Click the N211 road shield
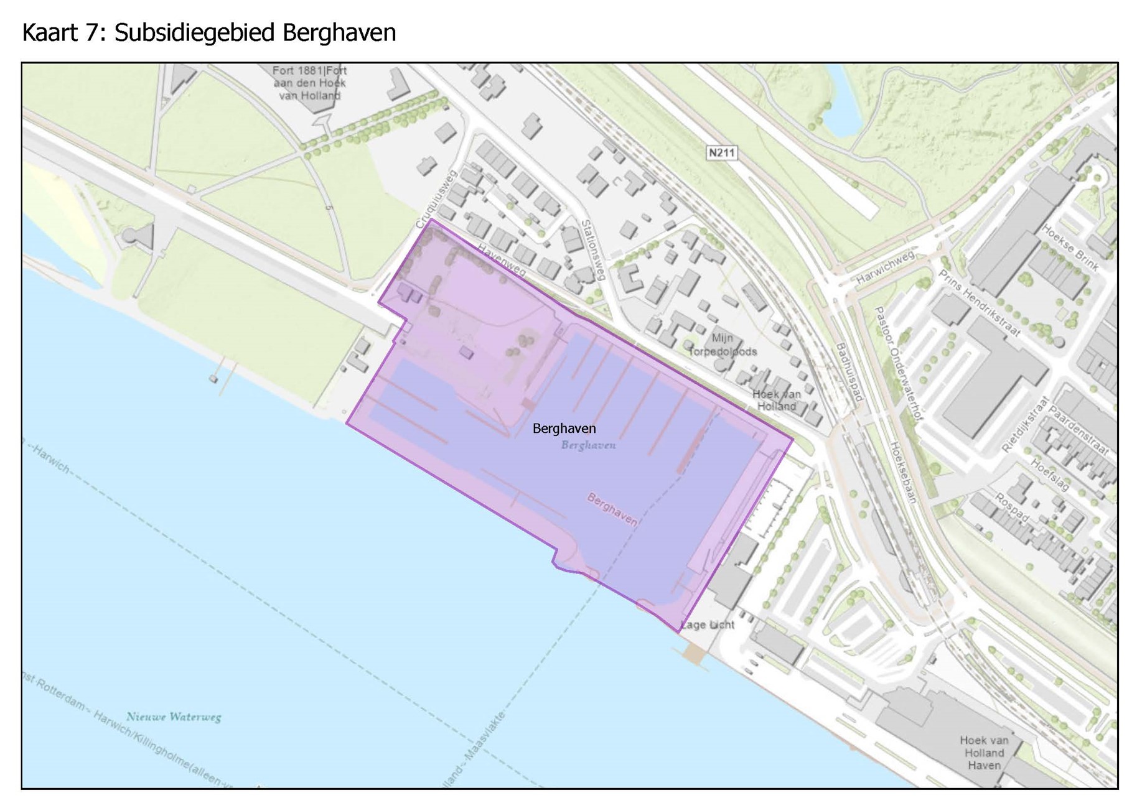722,152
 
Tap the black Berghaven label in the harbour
564,429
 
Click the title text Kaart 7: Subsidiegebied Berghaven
209,32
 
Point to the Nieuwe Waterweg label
174,717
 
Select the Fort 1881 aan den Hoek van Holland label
309,83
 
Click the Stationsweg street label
592,249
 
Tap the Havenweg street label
502,259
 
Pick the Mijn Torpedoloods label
722,345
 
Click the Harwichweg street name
885,267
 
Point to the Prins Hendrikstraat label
979,303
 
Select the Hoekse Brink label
1070,248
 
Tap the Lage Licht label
708,624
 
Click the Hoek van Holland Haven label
983,753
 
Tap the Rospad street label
1011,508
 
